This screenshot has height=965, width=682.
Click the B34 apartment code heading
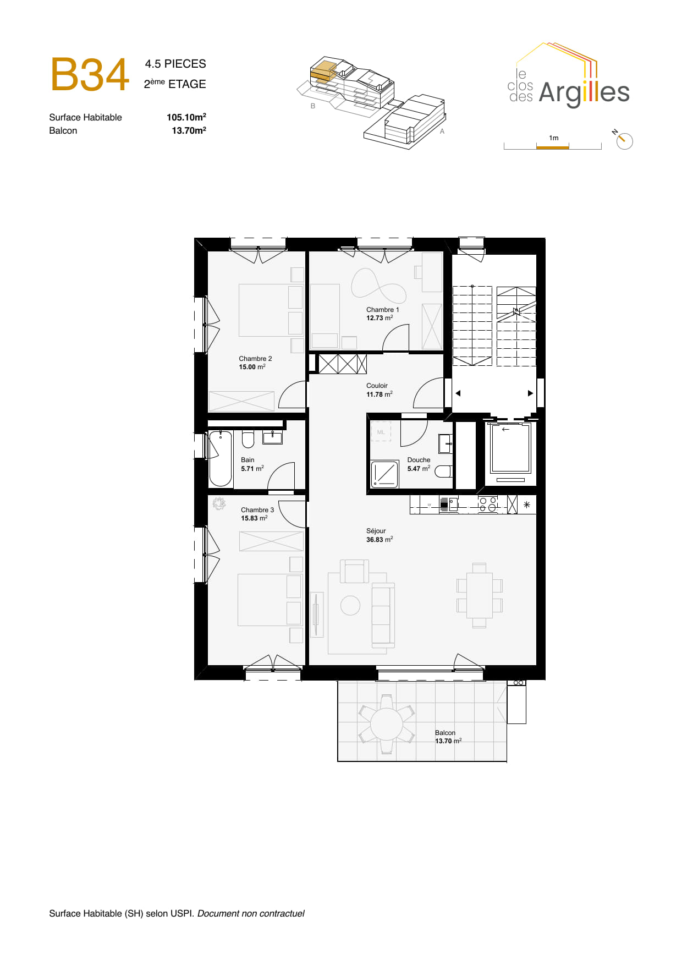pyautogui.click(x=90, y=75)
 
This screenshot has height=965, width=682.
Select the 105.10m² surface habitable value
pyautogui.click(x=186, y=117)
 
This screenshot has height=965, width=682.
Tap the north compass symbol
pyautogui.click(x=624, y=141)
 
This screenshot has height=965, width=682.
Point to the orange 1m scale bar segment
pyautogui.click(x=552, y=147)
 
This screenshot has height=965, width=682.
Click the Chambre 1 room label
pyautogui.click(x=382, y=310)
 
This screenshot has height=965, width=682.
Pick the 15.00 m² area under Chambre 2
pyautogui.click(x=252, y=367)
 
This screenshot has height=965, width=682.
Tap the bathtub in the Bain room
pyautogui.click(x=221, y=458)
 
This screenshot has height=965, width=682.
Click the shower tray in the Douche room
pyautogui.click(x=384, y=474)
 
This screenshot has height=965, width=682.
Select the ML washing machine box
pyautogui.click(x=381, y=432)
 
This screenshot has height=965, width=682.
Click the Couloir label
pyautogui.click(x=377, y=386)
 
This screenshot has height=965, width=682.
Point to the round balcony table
pyautogui.click(x=386, y=724)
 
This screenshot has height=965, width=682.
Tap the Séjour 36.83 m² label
pyautogui.click(x=379, y=535)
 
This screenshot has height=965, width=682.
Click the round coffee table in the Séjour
pyautogui.click(x=350, y=605)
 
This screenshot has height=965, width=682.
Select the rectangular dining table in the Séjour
pyautogui.click(x=479, y=595)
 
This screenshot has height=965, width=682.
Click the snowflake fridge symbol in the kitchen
pyautogui.click(x=526, y=505)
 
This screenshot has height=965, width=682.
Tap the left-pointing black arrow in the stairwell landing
pyautogui.click(x=458, y=393)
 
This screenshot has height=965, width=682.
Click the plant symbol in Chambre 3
pyautogui.click(x=219, y=503)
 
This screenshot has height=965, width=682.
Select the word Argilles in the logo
pyautogui.click(x=584, y=92)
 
